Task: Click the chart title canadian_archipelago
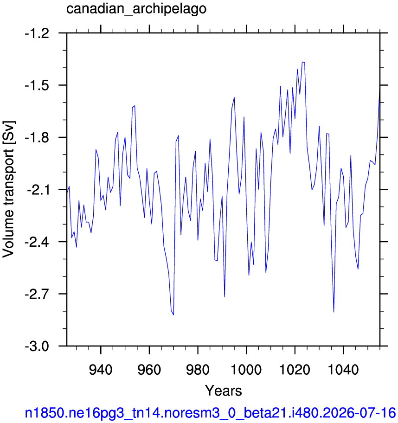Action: pyautogui.click(x=136, y=9)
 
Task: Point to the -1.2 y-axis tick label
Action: pyautogui.click(x=37, y=33)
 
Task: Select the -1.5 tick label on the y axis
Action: pyautogui.click(x=37, y=85)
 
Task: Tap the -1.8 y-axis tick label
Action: pyautogui.click(x=37, y=138)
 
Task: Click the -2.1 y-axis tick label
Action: pyautogui.click(x=38, y=190)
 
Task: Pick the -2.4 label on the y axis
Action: pyautogui.click(x=37, y=242)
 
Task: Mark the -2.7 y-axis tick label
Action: pyautogui.click(x=37, y=294)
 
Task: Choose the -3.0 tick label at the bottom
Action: pyautogui.click(x=37, y=346)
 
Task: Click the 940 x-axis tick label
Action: pyautogui.click(x=101, y=370)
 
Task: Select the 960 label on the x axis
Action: pyautogui.click(x=149, y=370)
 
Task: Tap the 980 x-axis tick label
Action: pyautogui.click(x=198, y=370)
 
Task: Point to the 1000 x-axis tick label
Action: pyautogui.click(x=246, y=370)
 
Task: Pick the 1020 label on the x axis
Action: pyautogui.click(x=295, y=370)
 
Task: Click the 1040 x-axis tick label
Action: pyautogui.click(x=343, y=370)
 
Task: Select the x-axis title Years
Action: pyautogui.click(x=224, y=391)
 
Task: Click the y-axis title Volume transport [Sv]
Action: pyautogui.click(x=8, y=189)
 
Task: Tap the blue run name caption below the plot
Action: pyautogui.click(x=211, y=413)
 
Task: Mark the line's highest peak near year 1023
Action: pyautogui.click(x=302, y=62)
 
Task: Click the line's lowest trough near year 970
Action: pyautogui.click(x=173, y=315)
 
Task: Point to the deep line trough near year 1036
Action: pyautogui.click(x=334, y=312)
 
